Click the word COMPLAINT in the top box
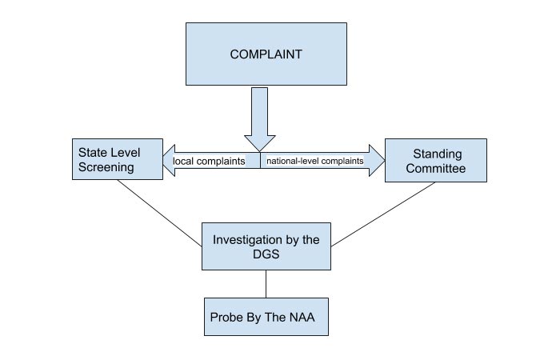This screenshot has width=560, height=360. tap(266, 54)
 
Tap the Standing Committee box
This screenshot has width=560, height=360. tap(435, 160)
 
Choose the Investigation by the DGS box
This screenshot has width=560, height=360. tap(266, 246)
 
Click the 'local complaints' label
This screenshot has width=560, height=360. tap(209, 161)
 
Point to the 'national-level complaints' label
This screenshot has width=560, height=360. tap(314, 161)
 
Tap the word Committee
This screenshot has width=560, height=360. tap(435, 169)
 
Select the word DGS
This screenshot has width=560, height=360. tap(266, 254)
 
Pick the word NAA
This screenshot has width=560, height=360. tap(302, 317)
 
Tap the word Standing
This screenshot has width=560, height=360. tap(436, 153)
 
